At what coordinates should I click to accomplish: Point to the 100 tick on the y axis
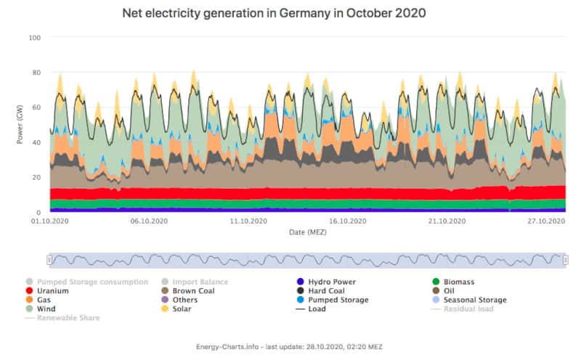pyautogui.click(x=34, y=38)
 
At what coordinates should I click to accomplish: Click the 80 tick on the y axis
pyautogui.click(x=36, y=73)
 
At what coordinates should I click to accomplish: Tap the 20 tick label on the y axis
pyautogui.click(x=36, y=178)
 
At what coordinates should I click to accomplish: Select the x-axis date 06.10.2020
pyautogui.click(x=150, y=221)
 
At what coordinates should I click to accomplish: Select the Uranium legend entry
pyautogui.click(x=52, y=290)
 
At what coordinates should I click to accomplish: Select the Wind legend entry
pyautogui.click(x=47, y=308)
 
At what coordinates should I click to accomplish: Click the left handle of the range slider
pyautogui.click(x=49, y=259)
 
